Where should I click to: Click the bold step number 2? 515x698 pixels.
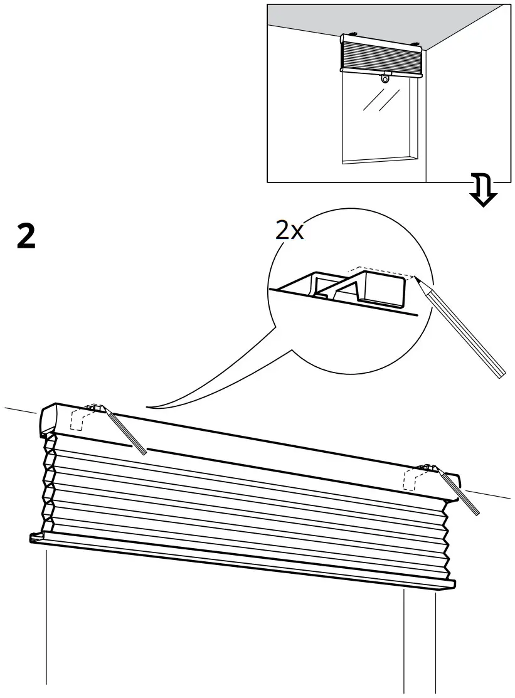26,236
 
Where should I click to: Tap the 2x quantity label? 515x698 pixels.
289,231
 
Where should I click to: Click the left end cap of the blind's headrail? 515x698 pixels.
48,418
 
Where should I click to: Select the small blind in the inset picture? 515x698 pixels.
380,55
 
